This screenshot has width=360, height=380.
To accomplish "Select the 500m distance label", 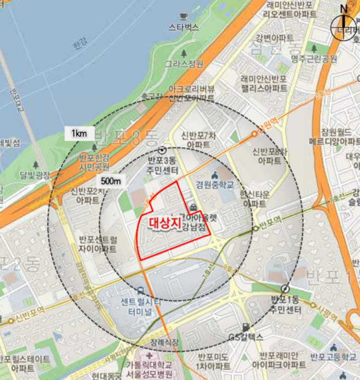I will [110, 180].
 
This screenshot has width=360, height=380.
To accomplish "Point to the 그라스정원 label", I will [184, 64].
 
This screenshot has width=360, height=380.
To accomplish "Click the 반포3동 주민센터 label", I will [163, 166].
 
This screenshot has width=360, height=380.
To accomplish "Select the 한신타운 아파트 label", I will [256, 199].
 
